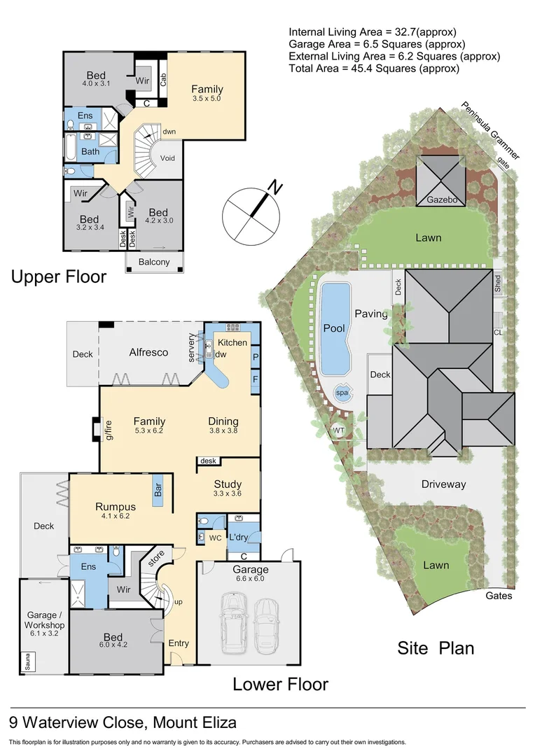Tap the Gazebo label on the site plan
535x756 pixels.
pyautogui.click(x=441, y=201)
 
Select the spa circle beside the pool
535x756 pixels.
pyautogui.click(x=342, y=393)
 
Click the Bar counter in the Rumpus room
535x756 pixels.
pyautogui.click(x=158, y=489)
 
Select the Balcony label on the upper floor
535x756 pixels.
pyautogui.click(x=154, y=262)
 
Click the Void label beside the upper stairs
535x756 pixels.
pyautogui.click(x=168, y=158)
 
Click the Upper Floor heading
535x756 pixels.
pyautogui.click(x=59, y=277)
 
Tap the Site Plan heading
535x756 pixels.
pyautogui.click(x=436, y=647)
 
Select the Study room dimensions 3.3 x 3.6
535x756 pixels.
pyautogui.click(x=228, y=493)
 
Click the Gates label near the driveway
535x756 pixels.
pyautogui.click(x=499, y=596)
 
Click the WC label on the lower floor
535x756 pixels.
pyautogui.click(x=215, y=538)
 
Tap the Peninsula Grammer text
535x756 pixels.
pyautogui.click(x=489, y=130)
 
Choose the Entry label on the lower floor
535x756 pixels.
pyautogui.click(x=179, y=643)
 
